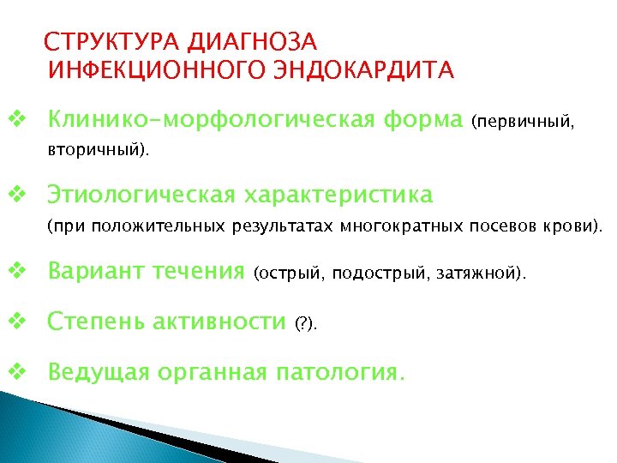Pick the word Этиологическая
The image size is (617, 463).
(x=141, y=195)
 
